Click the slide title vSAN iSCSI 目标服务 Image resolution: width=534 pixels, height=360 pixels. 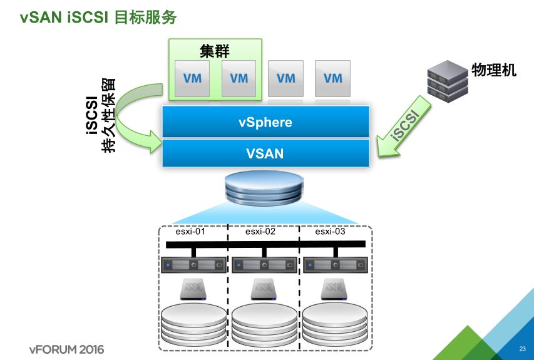[98, 18]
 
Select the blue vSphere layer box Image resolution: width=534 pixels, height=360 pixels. [265, 121]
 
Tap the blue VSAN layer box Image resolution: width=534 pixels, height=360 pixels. [265, 153]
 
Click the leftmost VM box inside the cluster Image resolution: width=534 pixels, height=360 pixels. [192, 79]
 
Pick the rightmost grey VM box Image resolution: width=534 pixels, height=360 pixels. [333, 79]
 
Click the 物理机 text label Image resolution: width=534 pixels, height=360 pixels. [494, 70]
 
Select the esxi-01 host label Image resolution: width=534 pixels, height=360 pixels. [190, 231]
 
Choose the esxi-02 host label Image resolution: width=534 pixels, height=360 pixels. [261, 231]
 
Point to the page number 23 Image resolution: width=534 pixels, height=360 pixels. [522, 349]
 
